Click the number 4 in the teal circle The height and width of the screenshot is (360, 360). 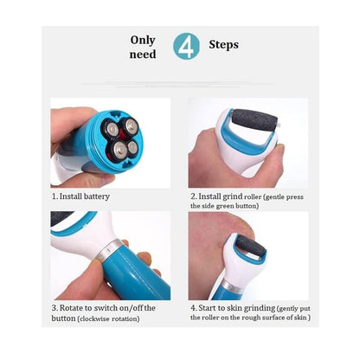click(x=185, y=46)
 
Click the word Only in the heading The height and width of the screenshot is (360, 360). click(x=144, y=39)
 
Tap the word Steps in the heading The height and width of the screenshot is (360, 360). click(x=223, y=44)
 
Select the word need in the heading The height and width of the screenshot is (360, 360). click(x=144, y=55)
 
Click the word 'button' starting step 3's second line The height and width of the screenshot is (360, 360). click(x=66, y=319)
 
